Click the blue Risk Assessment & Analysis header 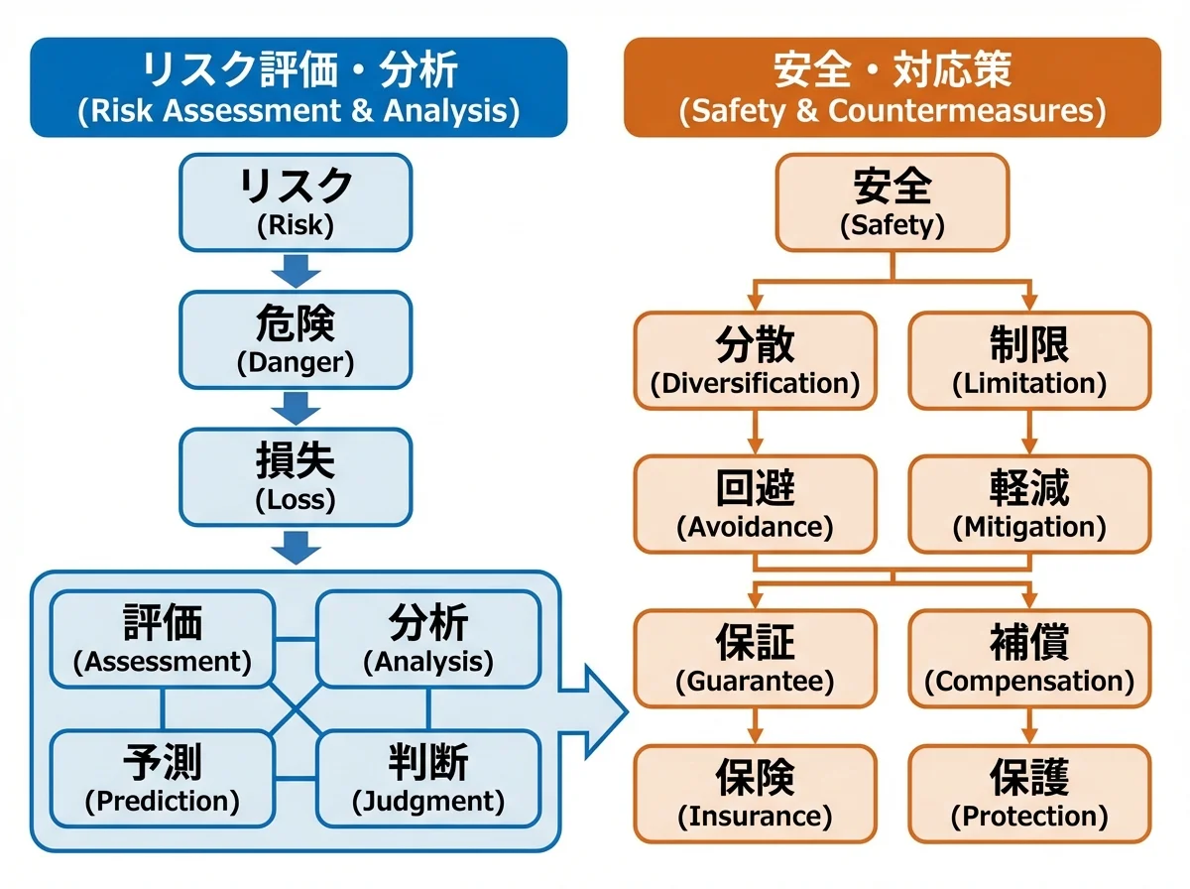pos(298,87)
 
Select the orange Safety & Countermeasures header pos(892,87)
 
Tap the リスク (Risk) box pos(296,201)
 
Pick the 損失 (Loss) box pos(296,476)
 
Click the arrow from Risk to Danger pos(296,270)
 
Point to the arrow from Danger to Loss pos(296,407)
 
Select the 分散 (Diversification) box pos(755,360)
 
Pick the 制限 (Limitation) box pos(1029,360)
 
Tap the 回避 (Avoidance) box pos(755,503)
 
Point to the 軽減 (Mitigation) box pos(1029,503)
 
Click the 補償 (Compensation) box pos(1029,658)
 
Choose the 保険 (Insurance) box pos(755,794)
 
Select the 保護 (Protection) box pos(1029,794)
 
